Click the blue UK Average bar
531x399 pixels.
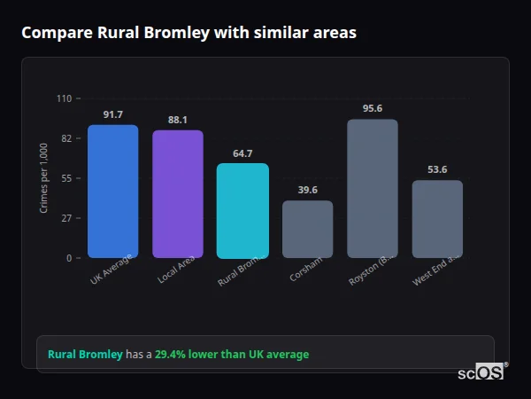coord(112,192)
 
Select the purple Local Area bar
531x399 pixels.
coord(178,194)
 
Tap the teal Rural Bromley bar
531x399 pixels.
coord(242,211)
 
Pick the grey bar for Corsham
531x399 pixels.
coord(308,229)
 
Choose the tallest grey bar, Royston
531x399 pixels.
coord(373,189)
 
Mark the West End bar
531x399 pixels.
coord(437,219)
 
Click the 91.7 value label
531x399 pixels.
coord(113,114)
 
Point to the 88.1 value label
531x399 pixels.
coord(178,120)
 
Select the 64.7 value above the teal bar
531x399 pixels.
coord(242,153)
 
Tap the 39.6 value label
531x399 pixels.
coord(308,190)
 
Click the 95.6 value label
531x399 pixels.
coord(373,108)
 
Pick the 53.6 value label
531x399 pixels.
coord(437,169)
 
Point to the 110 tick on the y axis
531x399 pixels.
coord(64,98)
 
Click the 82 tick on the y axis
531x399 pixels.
coord(66,138)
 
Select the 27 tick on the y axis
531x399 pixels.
coord(66,218)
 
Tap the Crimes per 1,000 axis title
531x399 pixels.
coord(44,178)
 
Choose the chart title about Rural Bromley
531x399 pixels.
coord(189,32)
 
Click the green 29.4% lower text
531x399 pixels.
coord(232,355)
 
